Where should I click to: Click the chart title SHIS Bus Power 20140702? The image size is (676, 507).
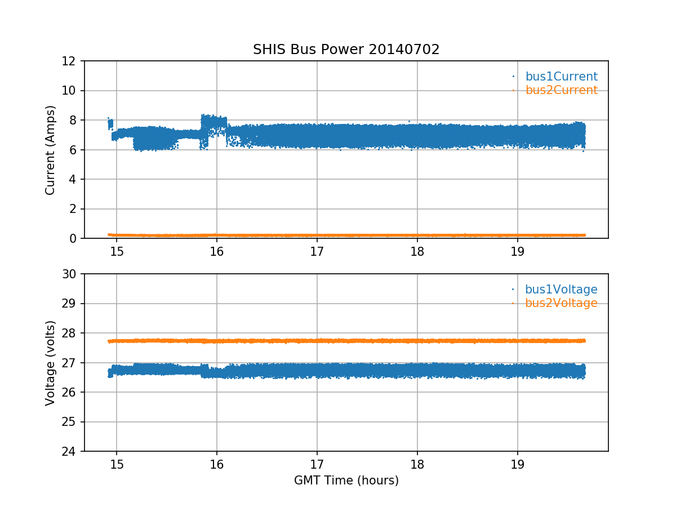coord(346,50)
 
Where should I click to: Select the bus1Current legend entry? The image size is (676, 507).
coord(561,77)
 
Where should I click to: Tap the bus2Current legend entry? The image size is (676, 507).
coord(561,90)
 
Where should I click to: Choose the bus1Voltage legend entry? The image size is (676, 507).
coord(561,290)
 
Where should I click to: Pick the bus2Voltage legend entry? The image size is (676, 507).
coord(561,303)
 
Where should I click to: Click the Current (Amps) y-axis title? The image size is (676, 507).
coord(51,150)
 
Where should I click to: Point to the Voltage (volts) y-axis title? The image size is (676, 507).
coord(51,363)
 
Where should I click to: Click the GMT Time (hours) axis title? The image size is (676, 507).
coord(346,481)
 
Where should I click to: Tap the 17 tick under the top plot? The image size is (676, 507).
coord(317,251)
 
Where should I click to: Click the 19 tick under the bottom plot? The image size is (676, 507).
coord(517,464)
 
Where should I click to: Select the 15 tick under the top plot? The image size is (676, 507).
coord(117,251)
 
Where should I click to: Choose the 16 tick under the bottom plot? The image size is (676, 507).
coord(217,464)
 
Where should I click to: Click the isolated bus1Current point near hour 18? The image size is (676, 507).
coord(409,121)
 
